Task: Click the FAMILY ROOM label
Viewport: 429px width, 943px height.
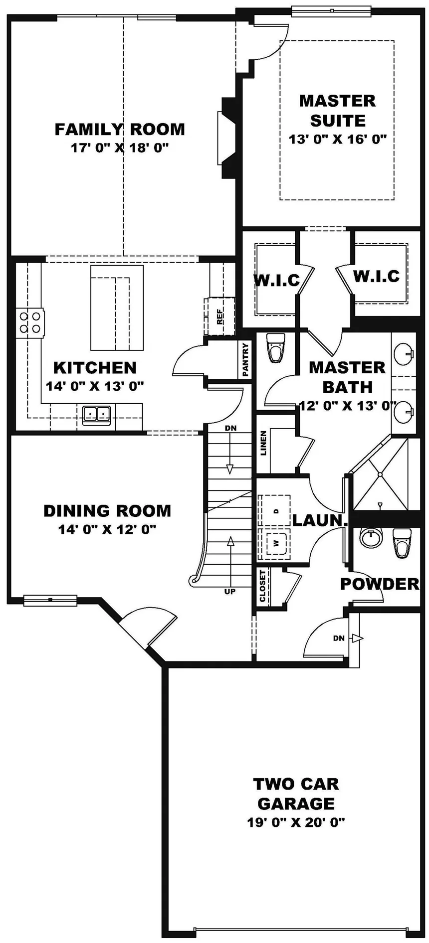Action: click(x=119, y=129)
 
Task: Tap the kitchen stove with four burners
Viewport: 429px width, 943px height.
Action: click(x=29, y=322)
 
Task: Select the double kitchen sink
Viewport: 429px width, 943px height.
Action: click(x=96, y=414)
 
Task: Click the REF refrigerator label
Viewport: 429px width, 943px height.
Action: click(x=219, y=316)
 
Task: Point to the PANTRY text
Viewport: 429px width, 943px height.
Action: click(x=245, y=359)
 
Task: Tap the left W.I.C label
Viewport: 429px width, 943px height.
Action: click(x=277, y=280)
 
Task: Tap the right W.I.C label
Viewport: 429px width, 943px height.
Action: click(x=377, y=276)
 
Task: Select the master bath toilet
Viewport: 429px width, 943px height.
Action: click(x=275, y=349)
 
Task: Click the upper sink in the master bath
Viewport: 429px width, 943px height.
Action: click(x=403, y=354)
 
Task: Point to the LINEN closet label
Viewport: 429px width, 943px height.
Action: click(x=263, y=443)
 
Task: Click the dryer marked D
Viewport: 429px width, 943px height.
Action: click(x=275, y=510)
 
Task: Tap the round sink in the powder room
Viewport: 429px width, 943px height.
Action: click(x=371, y=538)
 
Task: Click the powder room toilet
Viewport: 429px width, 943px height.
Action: click(x=402, y=542)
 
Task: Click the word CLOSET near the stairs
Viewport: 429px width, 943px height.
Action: click(x=263, y=586)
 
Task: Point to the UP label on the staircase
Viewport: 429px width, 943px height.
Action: click(x=230, y=592)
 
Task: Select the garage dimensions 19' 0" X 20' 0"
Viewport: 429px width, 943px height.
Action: click(x=296, y=822)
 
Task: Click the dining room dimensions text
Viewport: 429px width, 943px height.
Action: click(x=107, y=529)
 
